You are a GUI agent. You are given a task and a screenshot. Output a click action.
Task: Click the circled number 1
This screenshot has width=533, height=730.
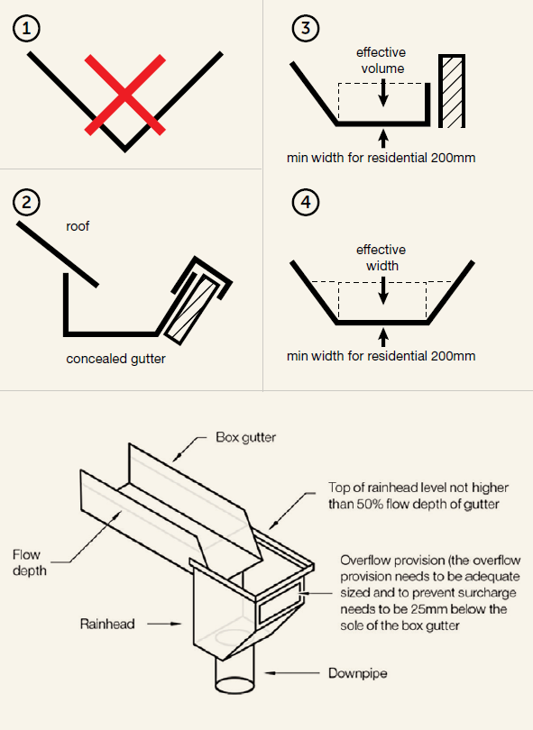27,29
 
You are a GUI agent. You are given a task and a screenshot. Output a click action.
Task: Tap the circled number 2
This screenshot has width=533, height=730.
27,203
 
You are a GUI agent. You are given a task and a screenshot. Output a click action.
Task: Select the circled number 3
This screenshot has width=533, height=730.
307,29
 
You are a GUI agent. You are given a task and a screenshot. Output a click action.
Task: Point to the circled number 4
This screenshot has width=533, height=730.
307,203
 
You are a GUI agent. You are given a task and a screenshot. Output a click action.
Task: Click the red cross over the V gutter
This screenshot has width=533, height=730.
124,95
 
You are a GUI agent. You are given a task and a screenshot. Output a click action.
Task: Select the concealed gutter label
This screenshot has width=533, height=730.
116,359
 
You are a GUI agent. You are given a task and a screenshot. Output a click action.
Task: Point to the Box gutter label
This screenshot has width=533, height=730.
245,438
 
